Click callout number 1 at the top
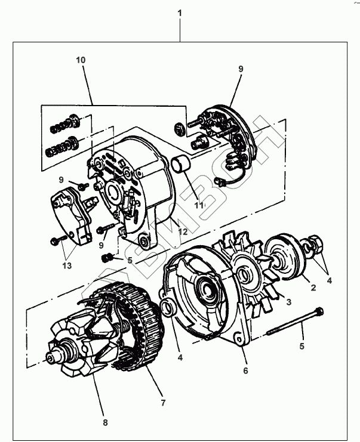(180, 13)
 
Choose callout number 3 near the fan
(288, 303)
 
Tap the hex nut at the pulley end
(316, 245)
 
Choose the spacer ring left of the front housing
(168, 309)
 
